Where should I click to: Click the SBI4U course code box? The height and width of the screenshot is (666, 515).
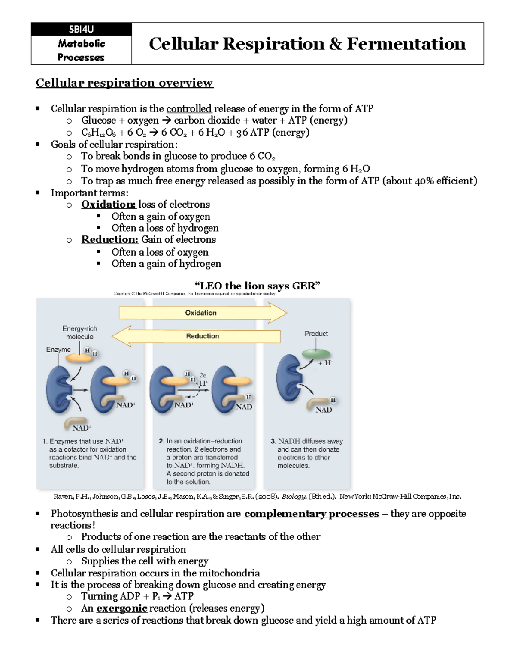(x=81, y=30)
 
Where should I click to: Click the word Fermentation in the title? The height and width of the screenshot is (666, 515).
(x=406, y=44)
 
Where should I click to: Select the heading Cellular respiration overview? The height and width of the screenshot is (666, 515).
(x=124, y=83)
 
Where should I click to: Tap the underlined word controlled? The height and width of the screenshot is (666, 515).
(x=189, y=108)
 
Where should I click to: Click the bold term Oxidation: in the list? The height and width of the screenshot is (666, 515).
(x=109, y=205)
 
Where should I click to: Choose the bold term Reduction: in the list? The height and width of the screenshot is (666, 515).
(x=110, y=240)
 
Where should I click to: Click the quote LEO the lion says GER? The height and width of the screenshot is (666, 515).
(x=257, y=286)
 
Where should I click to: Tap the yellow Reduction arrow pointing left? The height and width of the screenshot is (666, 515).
(x=197, y=336)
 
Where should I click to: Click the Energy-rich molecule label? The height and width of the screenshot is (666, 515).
(x=80, y=333)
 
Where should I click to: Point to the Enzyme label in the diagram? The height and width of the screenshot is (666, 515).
(x=58, y=350)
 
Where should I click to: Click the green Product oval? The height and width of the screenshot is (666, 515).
(x=316, y=354)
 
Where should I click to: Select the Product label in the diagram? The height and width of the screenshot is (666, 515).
(x=316, y=334)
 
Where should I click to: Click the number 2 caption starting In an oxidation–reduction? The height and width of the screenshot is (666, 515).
(x=204, y=461)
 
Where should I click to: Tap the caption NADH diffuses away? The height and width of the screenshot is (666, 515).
(x=310, y=441)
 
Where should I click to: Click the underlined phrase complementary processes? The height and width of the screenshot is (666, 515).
(x=312, y=514)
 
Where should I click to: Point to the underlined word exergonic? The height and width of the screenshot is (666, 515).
(x=122, y=608)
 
